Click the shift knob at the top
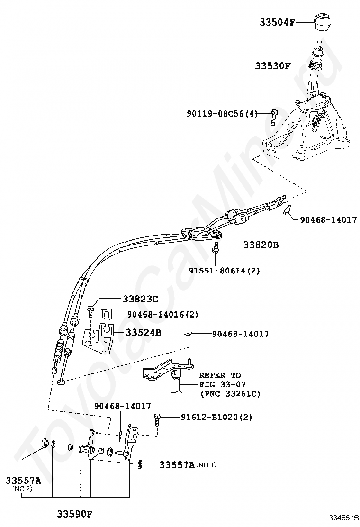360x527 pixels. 323,22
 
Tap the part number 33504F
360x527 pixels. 278,23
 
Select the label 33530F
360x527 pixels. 272,65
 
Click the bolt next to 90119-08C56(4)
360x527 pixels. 274,117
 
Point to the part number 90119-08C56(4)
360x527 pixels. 222,114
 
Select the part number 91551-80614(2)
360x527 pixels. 224,270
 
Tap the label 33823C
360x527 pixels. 140,299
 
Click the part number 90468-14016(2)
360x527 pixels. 162,314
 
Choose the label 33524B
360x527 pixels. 144,332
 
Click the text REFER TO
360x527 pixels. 220,375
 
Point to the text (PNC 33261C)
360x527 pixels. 230,393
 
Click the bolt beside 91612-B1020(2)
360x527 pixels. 157,419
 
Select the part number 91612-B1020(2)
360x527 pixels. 216,417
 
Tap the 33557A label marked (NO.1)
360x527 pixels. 188,465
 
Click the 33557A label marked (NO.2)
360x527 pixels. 23,484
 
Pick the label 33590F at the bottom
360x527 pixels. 74,514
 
